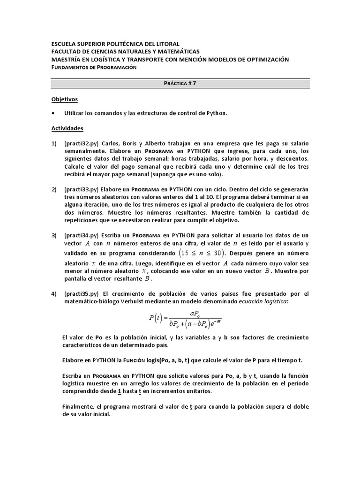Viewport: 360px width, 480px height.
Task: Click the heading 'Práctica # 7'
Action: (180, 83)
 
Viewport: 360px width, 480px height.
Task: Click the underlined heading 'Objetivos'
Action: (64, 99)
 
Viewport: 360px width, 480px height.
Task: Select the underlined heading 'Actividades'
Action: (67, 127)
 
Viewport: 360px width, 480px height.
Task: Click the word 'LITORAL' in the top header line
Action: (164, 44)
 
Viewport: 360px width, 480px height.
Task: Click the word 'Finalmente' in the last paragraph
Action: (77, 407)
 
